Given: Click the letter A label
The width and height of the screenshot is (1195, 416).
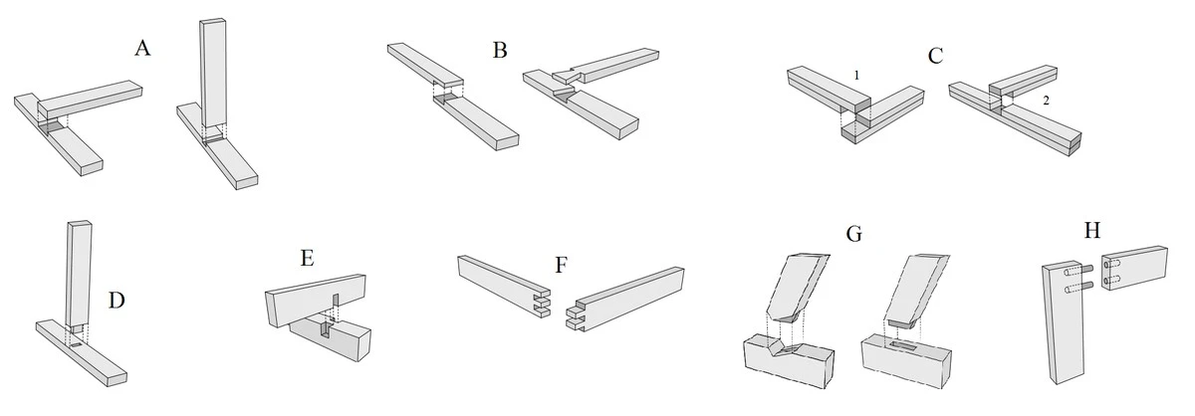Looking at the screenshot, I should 142,48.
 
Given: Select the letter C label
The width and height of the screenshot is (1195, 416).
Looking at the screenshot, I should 935,55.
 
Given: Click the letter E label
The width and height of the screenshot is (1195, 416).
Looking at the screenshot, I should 307,258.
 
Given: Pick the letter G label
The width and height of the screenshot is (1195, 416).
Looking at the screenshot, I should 853,236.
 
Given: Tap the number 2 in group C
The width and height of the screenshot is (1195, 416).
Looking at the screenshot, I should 1045,102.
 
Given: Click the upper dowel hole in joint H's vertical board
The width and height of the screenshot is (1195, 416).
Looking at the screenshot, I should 1069,270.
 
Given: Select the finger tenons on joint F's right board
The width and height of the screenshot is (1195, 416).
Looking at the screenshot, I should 575,314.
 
